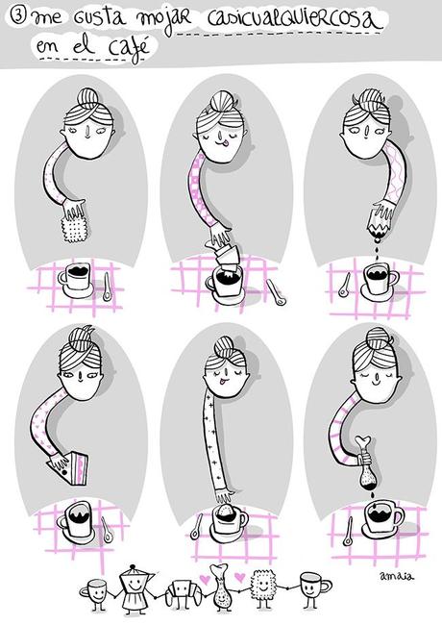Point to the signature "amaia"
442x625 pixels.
(396, 576)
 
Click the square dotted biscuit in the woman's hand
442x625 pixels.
(74, 227)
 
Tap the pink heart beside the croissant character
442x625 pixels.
(205, 578)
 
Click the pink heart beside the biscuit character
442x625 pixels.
(239, 577)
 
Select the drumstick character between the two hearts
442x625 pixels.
(221, 587)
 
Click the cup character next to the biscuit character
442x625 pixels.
(313, 588)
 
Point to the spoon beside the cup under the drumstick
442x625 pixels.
(348, 533)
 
